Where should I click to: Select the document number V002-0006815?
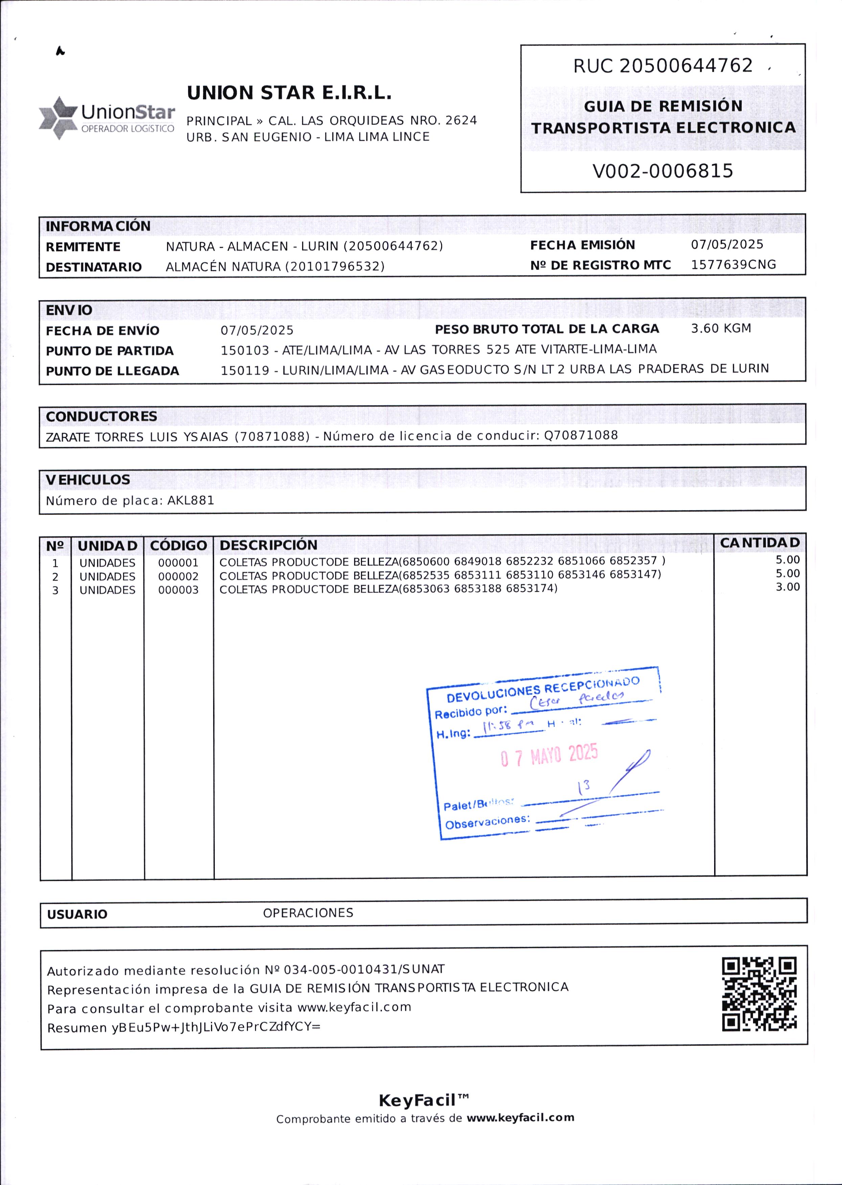click(663, 171)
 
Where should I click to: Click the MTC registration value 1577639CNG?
click(733, 265)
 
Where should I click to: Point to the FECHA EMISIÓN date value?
click(727, 244)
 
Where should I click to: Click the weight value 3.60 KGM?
click(721, 329)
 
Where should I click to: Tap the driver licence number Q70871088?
click(581, 435)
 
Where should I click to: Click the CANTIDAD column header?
click(759, 543)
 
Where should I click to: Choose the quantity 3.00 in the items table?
click(787, 587)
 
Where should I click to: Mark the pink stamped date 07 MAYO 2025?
click(549, 755)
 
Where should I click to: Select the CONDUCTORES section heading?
click(101, 417)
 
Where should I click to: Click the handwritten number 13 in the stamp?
click(584, 788)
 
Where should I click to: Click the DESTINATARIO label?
click(93, 267)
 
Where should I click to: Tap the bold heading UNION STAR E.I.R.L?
click(289, 93)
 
